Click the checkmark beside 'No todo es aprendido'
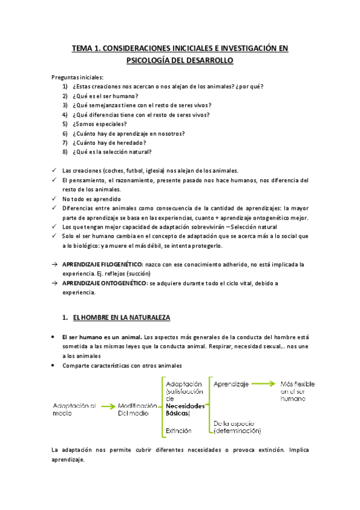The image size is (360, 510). point(55,198)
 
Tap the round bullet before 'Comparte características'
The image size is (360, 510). point(55,366)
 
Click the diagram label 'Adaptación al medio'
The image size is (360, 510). point(75,410)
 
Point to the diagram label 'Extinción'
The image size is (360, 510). point(178,431)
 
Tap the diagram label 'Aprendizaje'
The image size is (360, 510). point(231,383)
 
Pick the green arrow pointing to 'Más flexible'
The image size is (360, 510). point(264,383)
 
